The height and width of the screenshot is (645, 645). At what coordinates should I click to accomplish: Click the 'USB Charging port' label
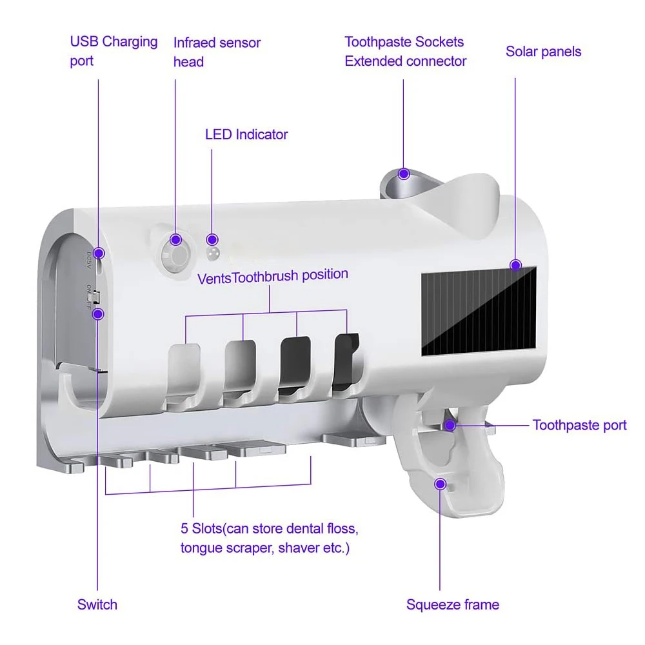[114, 51]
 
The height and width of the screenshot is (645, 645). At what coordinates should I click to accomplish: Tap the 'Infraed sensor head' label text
[217, 52]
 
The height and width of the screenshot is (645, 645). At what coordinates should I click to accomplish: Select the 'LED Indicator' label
[246, 135]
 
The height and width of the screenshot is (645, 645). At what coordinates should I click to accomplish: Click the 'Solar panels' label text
[543, 52]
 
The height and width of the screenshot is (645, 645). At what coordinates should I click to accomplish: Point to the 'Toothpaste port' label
[579, 425]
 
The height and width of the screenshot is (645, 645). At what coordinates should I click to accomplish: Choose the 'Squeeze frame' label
[452, 604]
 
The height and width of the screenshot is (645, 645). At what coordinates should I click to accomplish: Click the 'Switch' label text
[97, 604]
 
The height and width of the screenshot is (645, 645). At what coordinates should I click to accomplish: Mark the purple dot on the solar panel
[515, 264]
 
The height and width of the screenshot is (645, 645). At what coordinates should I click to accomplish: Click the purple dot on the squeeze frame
[441, 484]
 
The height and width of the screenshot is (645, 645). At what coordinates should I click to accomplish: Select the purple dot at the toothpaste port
[451, 425]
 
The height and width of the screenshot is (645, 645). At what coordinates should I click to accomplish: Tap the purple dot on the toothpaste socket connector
[404, 174]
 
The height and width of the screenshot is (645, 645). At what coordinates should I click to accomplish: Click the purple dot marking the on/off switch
[98, 314]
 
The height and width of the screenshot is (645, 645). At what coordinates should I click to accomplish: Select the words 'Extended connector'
[405, 61]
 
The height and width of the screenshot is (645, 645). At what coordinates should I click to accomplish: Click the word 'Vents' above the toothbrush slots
[214, 279]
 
